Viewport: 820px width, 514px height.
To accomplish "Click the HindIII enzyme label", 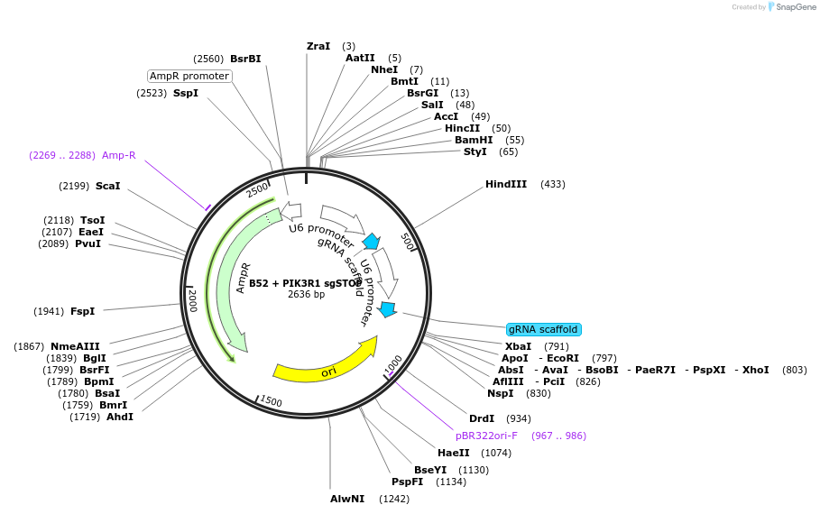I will pos(505,184).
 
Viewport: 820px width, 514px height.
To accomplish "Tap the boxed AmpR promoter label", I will pos(189,76).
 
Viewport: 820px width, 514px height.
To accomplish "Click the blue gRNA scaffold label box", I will pos(543,329).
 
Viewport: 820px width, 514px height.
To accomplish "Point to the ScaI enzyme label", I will pos(107,186).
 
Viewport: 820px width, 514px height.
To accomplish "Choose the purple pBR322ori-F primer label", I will pos(486,436).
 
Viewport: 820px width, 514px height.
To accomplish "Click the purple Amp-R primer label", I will pos(118,155).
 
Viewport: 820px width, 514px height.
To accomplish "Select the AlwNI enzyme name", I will pos(347,499).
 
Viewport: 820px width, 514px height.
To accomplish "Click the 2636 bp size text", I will pos(306,294).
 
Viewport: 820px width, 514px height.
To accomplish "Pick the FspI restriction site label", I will pos(82,311).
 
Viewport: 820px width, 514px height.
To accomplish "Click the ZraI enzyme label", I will pos(318,46).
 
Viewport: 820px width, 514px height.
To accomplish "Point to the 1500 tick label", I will pos(270,401).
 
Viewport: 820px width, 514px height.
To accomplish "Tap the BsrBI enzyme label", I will pos(245,59).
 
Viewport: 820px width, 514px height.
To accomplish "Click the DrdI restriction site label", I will pos(482,418).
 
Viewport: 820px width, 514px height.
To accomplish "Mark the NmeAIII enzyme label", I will pos(75,346).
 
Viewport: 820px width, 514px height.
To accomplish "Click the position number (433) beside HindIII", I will pos(553,184).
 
